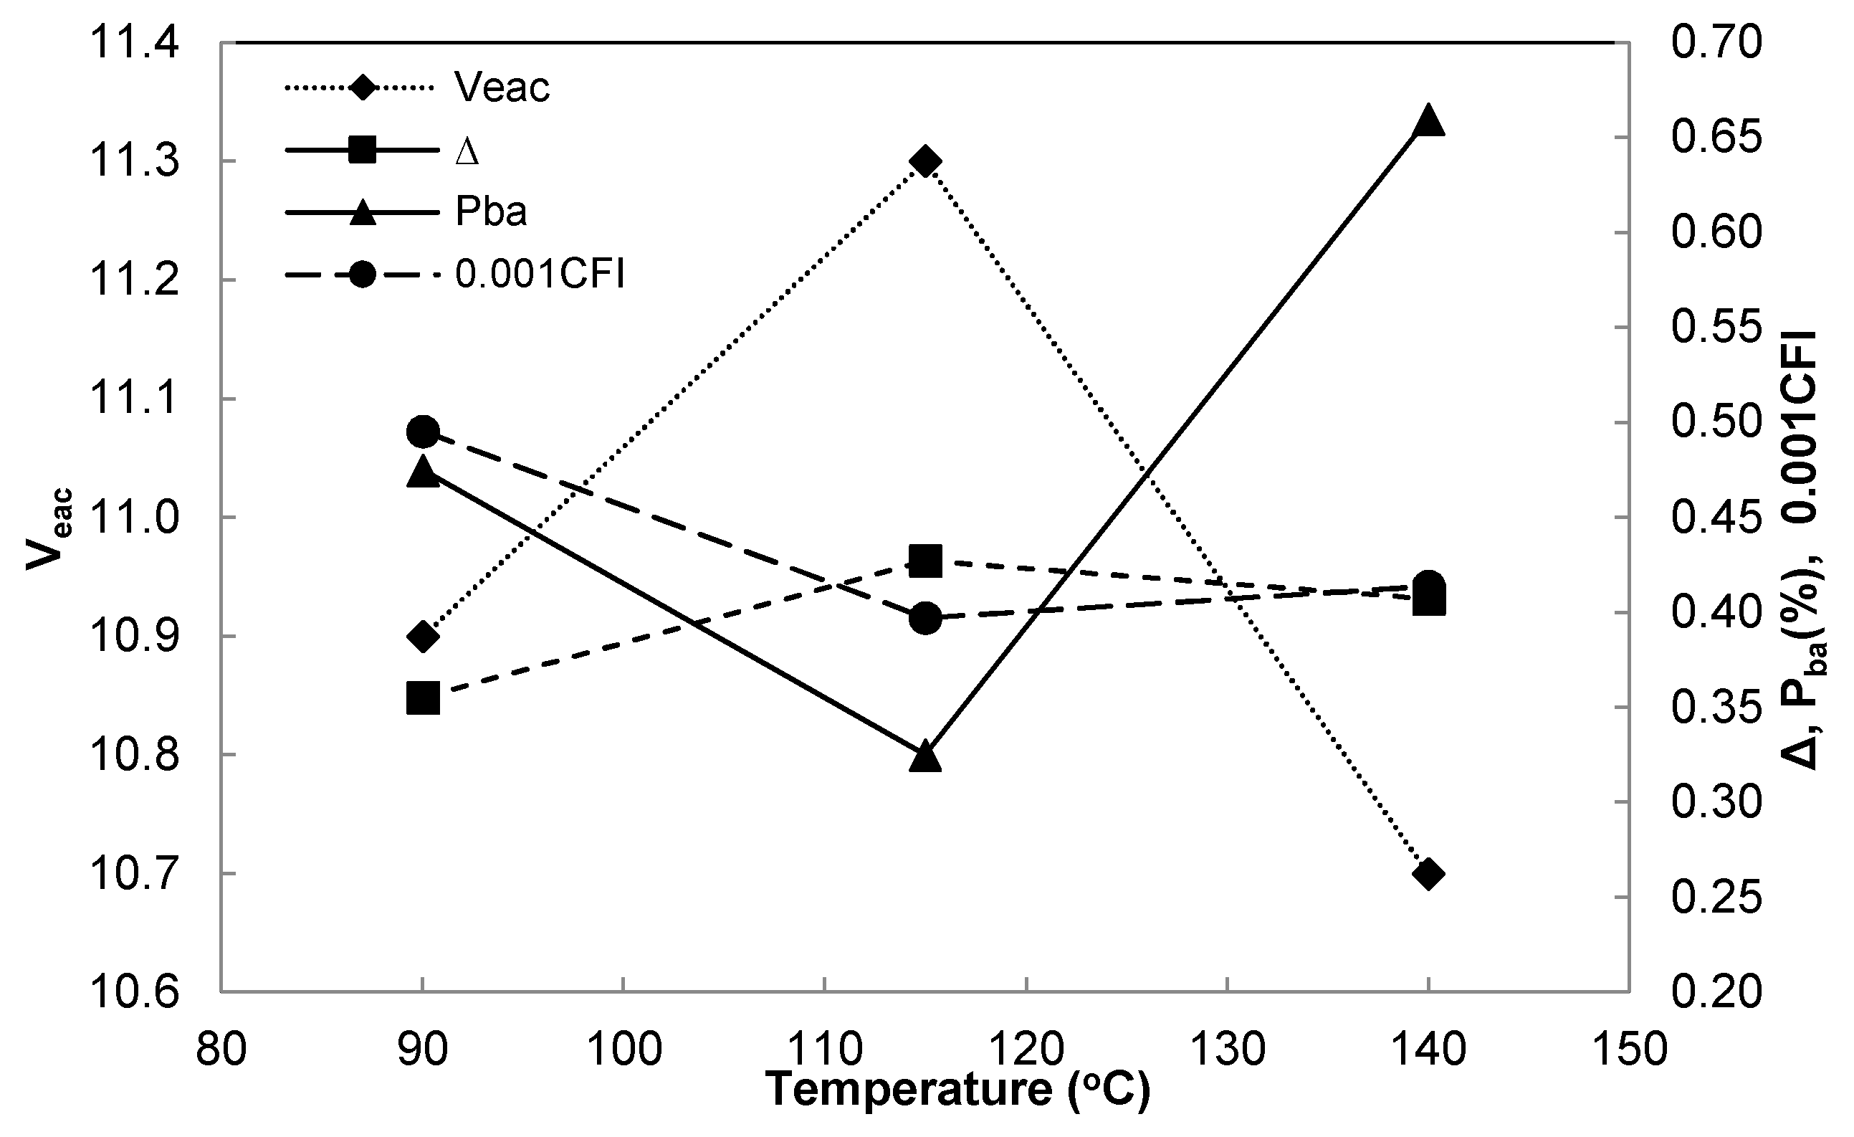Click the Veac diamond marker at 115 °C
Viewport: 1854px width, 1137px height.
[x=924, y=162]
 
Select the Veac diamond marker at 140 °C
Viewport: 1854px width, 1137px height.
[x=1428, y=875]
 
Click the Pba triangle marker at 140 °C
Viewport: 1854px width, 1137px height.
[x=1428, y=120]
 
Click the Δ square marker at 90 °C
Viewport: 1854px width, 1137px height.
[x=423, y=698]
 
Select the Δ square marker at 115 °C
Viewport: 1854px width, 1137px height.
[x=924, y=561]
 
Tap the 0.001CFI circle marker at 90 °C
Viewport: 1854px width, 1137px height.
[x=423, y=432]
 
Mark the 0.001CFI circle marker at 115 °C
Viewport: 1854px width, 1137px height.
[x=924, y=619]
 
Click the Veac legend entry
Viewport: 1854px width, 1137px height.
[x=502, y=88]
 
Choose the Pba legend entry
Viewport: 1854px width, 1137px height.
[x=491, y=212]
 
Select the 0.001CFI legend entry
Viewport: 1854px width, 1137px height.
[x=540, y=275]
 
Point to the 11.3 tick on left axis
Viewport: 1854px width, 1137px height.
[x=134, y=161]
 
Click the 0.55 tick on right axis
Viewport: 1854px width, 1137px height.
[x=1716, y=328]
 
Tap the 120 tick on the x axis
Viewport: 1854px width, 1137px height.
[x=1026, y=1047]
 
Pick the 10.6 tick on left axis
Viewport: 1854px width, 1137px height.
[x=134, y=991]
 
